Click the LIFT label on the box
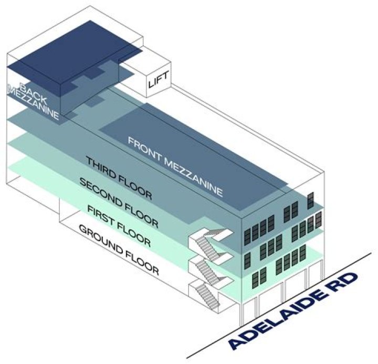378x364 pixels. [158, 80]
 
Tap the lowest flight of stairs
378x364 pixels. [207, 296]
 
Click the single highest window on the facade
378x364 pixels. [310, 201]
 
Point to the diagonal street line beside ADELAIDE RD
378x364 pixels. [279, 306]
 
